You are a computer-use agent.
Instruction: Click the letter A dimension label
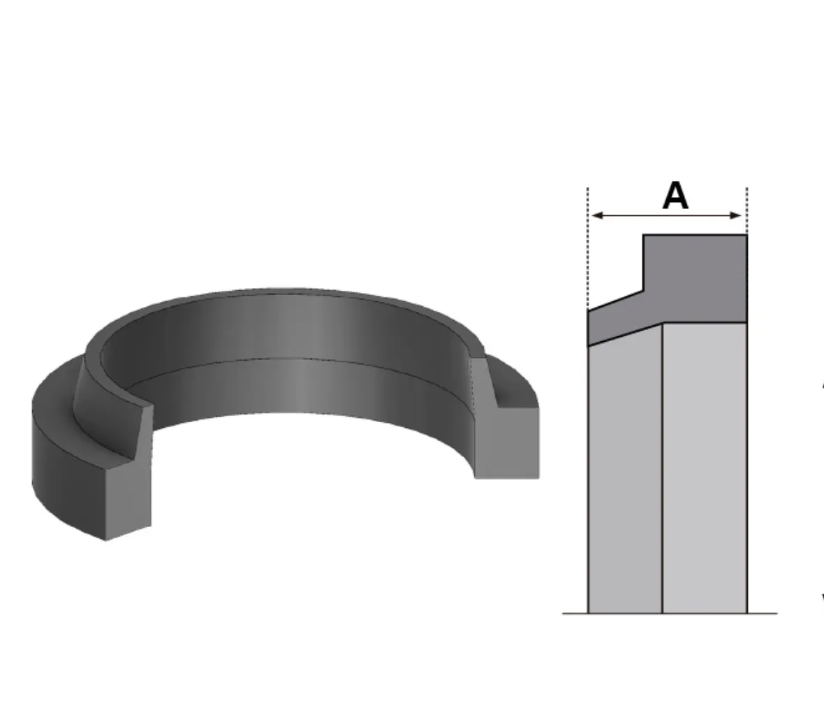(x=675, y=196)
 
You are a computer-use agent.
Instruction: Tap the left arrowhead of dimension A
(x=597, y=215)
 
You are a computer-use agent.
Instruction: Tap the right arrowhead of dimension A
(x=736, y=215)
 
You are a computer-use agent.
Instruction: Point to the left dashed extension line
(x=588, y=248)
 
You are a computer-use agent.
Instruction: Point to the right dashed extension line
(x=746, y=211)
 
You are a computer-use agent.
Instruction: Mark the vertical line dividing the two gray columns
(x=662, y=468)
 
